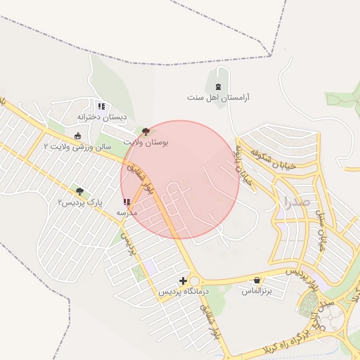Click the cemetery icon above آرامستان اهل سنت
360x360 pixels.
point(218,86)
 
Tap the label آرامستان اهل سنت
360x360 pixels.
point(219,97)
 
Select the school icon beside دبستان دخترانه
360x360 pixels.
point(101,106)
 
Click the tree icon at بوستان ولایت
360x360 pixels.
point(146,131)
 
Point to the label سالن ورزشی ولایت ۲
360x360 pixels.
point(77,146)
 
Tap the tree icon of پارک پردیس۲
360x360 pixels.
point(79,191)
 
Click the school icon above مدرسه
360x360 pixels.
point(127,202)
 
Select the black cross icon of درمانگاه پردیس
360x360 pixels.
point(184,281)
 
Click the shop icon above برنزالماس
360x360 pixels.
point(257,280)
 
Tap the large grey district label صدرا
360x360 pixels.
point(297,202)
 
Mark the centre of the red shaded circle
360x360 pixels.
point(180,179)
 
